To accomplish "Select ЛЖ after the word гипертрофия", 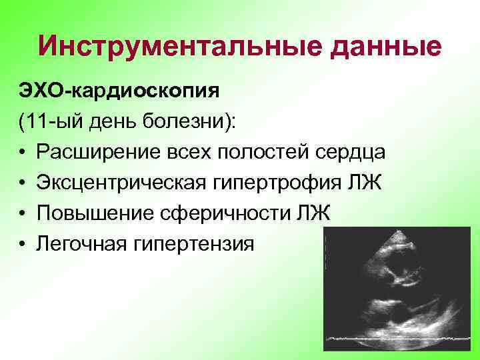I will (368, 182).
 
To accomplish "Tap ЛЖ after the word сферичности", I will (318, 213).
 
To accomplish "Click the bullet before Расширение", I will (23, 152).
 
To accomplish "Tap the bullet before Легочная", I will (23, 244).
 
